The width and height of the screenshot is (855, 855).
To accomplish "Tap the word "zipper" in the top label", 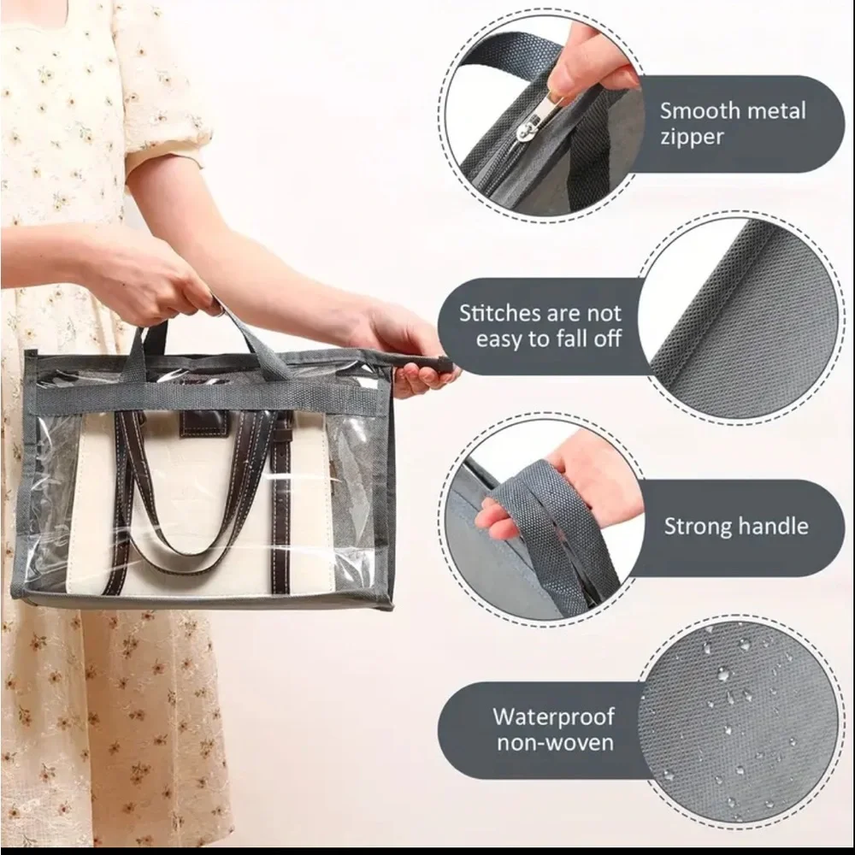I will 692,137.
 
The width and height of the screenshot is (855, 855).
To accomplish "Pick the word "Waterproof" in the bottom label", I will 553,716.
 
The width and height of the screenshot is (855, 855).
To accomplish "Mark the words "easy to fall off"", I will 547,339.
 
